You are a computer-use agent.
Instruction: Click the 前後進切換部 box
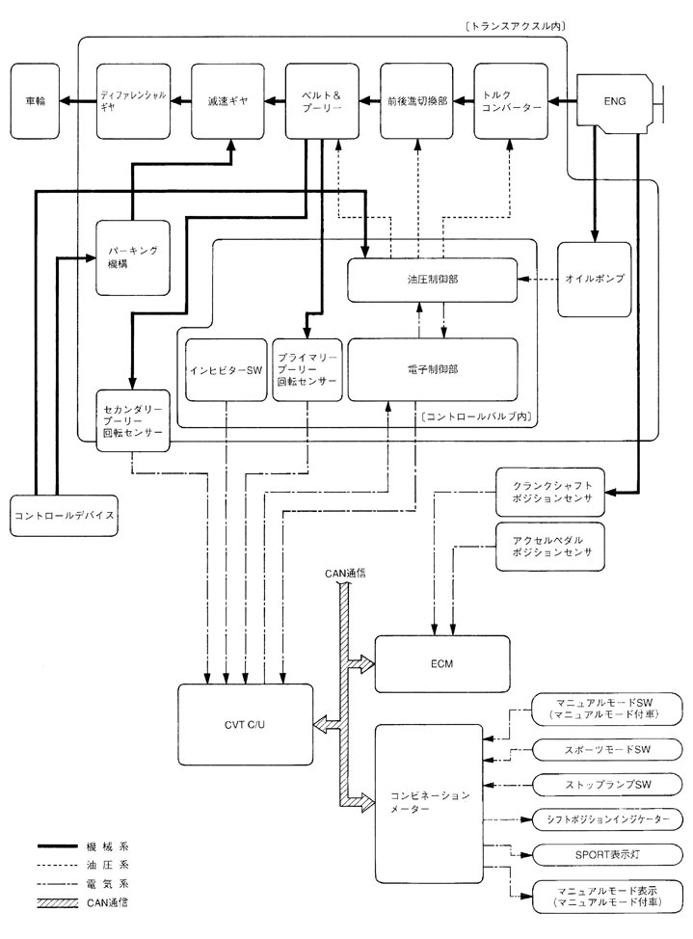[416, 99]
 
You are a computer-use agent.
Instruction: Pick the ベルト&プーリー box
[322, 99]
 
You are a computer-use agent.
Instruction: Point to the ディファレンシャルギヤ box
[133, 99]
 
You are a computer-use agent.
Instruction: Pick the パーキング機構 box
[133, 255]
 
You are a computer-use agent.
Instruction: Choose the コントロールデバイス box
[65, 515]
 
